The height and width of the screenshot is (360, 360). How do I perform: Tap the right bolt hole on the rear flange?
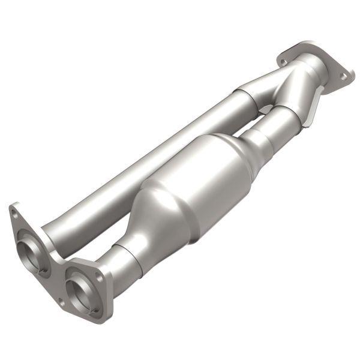tap(343, 76)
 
